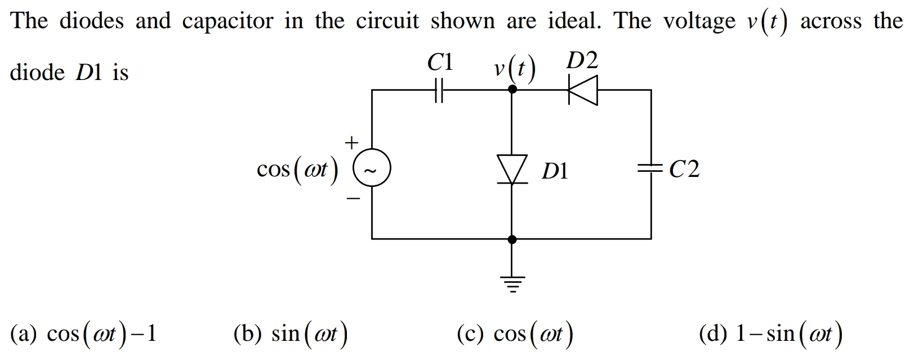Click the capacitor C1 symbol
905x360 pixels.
(440, 90)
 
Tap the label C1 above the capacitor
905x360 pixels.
(440, 62)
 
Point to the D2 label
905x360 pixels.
(582, 60)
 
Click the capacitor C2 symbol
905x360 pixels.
(651, 168)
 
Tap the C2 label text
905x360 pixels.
(684, 169)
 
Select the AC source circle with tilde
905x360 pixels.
(372, 168)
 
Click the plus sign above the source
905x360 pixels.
(351, 143)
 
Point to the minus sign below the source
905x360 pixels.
(353, 198)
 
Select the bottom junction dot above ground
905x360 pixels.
(511, 239)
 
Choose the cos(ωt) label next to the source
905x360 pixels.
(297, 170)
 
